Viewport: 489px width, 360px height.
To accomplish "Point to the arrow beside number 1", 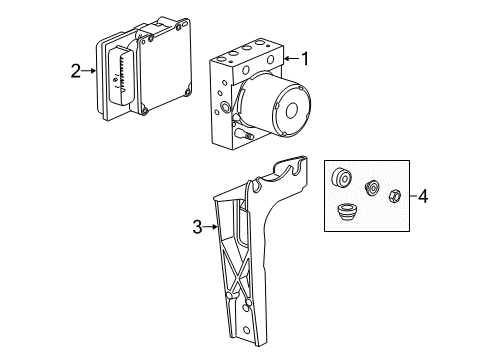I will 290,59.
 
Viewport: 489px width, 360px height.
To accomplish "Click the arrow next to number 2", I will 90,70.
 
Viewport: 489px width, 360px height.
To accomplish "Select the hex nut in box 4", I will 394,195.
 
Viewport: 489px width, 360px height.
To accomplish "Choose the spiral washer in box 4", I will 373,187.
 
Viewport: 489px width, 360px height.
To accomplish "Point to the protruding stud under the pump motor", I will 241,132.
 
